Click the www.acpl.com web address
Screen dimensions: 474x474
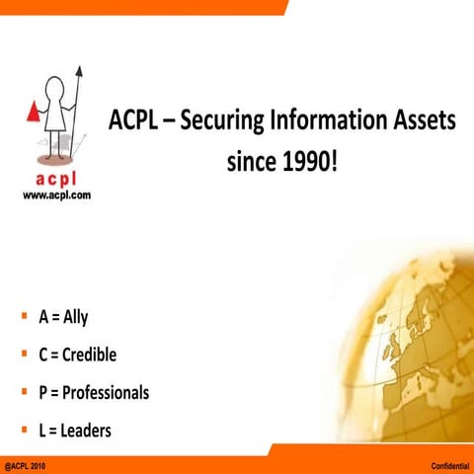point(56,197)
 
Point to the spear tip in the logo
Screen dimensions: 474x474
point(78,71)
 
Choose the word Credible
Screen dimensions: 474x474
point(95,355)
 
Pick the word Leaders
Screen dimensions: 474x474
point(87,430)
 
